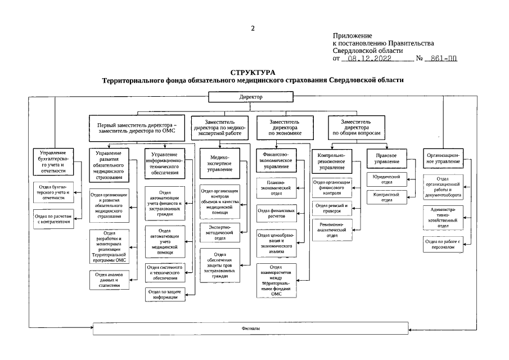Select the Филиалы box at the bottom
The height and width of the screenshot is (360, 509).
[x=250, y=328]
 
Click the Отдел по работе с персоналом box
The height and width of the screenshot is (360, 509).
[x=443, y=245]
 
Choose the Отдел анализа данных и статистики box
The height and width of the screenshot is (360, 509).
[x=109, y=278]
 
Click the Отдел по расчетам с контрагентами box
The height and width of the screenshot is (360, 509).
[x=53, y=219]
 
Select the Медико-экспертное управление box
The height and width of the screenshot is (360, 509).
[x=220, y=163]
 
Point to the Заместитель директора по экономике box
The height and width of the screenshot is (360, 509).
[x=285, y=128]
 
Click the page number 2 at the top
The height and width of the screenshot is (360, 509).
[x=253, y=28]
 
